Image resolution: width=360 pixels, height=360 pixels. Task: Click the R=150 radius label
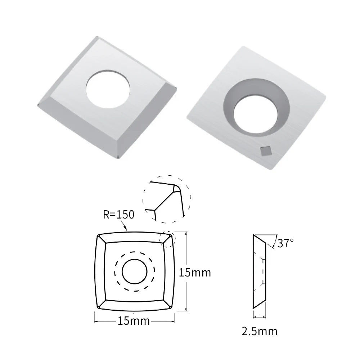tap(118, 215)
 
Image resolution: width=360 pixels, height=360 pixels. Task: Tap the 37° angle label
tap(285, 243)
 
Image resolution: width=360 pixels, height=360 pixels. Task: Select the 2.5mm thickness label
tap(260, 331)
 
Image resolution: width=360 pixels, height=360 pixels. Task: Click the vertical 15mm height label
tap(195, 273)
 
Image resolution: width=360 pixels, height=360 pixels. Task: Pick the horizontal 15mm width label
tap(134, 321)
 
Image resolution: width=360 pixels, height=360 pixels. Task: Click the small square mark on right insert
tap(266, 150)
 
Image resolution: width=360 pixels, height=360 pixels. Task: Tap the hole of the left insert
tap(108, 89)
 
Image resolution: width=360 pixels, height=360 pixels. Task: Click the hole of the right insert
tap(255, 114)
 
